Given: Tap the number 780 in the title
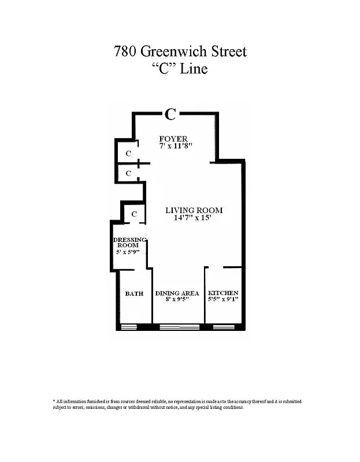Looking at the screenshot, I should click(127, 51).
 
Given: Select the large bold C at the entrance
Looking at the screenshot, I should click(170, 114).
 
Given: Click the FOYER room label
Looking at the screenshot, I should click(173, 139).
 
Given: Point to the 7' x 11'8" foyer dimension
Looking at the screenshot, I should click(176, 146).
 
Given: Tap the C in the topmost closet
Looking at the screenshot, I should click(128, 154).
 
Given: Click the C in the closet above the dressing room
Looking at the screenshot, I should click(133, 214).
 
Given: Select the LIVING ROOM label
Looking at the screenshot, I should click(194, 210).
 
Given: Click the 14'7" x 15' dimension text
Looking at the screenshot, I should click(194, 218).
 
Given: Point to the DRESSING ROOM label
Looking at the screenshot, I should click(129, 242).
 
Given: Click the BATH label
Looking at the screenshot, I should click(134, 293).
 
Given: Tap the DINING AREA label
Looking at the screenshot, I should click(177, 293).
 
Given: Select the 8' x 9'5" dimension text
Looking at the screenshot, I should click(177, 300).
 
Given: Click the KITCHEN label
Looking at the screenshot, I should click(223, 293).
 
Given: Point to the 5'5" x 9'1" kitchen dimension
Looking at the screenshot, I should click(223, 300).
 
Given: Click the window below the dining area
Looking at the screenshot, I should click(179, 327).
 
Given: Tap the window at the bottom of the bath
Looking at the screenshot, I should click(128, 327).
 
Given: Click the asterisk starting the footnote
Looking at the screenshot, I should click(54, 401).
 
